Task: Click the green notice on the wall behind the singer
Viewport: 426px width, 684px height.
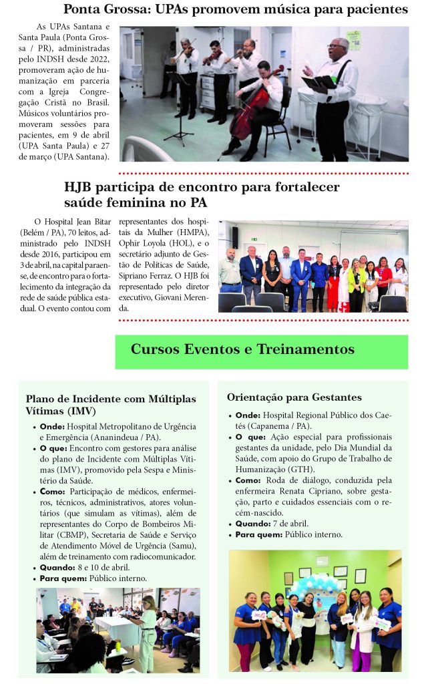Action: tap(353, 40)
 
